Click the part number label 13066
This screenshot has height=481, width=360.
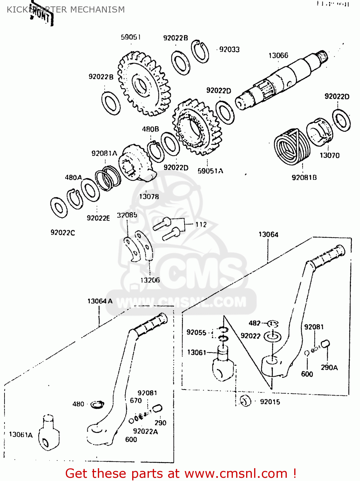point(278,55)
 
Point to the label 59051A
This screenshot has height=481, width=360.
point(210,171)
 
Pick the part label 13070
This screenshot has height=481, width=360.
point(329,155)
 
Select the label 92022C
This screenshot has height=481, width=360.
point(63,232)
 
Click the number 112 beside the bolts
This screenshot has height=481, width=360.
point(201,224)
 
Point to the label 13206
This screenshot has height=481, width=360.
point(150,280)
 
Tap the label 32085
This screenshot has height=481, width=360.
point(127,215)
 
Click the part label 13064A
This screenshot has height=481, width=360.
point(100,301)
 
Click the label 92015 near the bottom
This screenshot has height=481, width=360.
point(270,402)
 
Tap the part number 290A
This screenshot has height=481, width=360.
point(329,367)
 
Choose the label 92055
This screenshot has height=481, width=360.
point(196,332)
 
